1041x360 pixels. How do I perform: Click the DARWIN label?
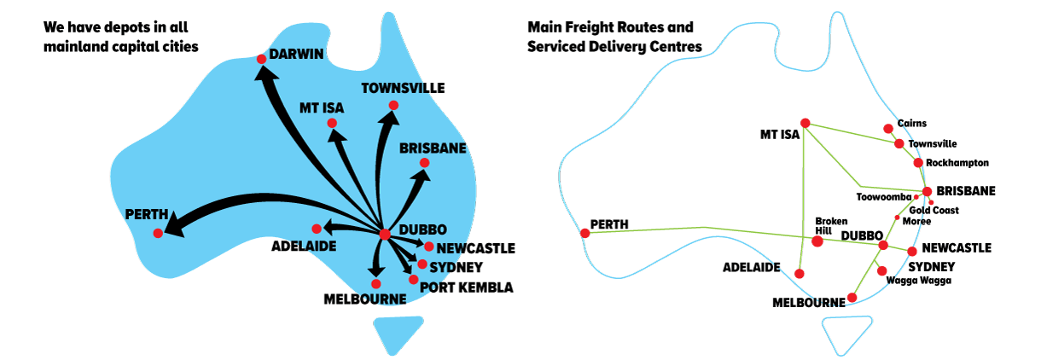point(296,54)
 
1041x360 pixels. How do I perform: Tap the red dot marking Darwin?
point(261,59)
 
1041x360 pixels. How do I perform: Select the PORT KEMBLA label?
point(467,287)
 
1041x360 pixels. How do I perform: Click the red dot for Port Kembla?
point(413,279)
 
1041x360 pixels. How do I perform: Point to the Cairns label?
point(912,123)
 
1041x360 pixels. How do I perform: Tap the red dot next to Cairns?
point(888,129)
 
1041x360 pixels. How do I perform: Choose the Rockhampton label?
point(957,163)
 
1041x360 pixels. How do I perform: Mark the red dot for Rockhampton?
point(918,163)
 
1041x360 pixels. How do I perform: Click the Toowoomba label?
point(884,197)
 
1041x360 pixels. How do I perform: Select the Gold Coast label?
point(933,211)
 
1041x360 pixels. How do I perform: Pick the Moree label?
point(916,222)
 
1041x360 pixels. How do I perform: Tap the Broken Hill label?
point(831,226)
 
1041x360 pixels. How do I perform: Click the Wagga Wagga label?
point(918,281)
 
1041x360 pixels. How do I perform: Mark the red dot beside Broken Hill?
point(817,241)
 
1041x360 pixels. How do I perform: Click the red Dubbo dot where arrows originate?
point(384,234)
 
